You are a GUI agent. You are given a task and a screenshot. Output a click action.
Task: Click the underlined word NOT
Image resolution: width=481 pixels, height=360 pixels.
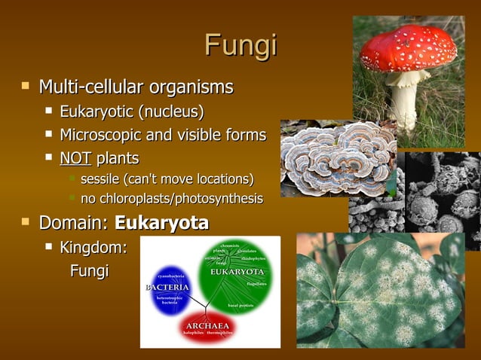[75, 158]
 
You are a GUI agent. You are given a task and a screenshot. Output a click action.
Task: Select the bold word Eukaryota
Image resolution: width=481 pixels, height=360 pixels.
[161, 223]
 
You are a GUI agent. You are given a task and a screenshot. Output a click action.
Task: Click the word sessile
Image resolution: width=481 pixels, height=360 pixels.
[99, 179]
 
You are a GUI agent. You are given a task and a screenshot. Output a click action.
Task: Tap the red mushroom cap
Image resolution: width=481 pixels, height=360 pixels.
[408, 50]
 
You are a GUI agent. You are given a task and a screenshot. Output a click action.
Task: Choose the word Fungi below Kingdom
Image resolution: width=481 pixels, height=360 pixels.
[89, 270]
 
